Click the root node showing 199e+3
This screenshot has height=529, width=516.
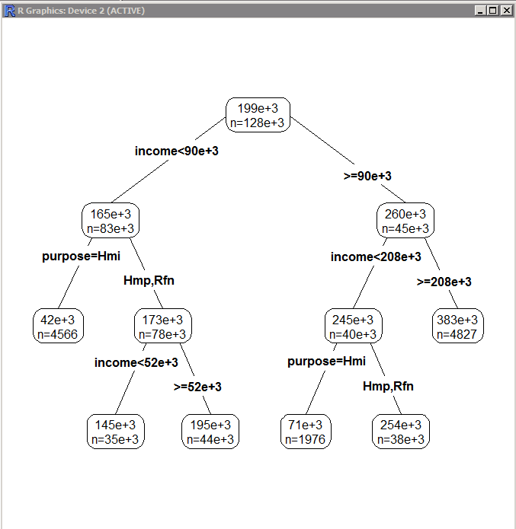point(258,115)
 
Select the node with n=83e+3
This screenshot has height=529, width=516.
point(111,220)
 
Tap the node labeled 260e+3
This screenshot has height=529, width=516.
point(405,220)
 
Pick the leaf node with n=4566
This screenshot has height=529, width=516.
point(58,326)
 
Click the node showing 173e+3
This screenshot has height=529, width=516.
point(163,326)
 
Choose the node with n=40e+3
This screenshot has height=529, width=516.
point(353,326)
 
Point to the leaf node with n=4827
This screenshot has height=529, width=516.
point(457,326)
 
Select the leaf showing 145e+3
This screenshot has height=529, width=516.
point(116,432)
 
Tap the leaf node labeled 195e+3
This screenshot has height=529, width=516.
point(210,432)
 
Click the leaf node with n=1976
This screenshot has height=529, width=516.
point(306,432)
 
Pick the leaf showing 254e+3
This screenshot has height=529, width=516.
point(401,432)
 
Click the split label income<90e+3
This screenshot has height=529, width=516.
point(176,151)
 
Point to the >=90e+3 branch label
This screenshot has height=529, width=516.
point(367,176)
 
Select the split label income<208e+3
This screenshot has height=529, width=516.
point(376,257)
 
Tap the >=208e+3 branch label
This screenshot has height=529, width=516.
point(444,282)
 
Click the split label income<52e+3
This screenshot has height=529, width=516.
point(136,362)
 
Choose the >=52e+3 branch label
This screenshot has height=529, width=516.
point(197,387)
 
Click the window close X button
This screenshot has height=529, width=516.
point(507,11)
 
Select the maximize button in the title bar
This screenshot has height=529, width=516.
point(493,11)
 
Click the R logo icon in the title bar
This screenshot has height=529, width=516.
point(10,11)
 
